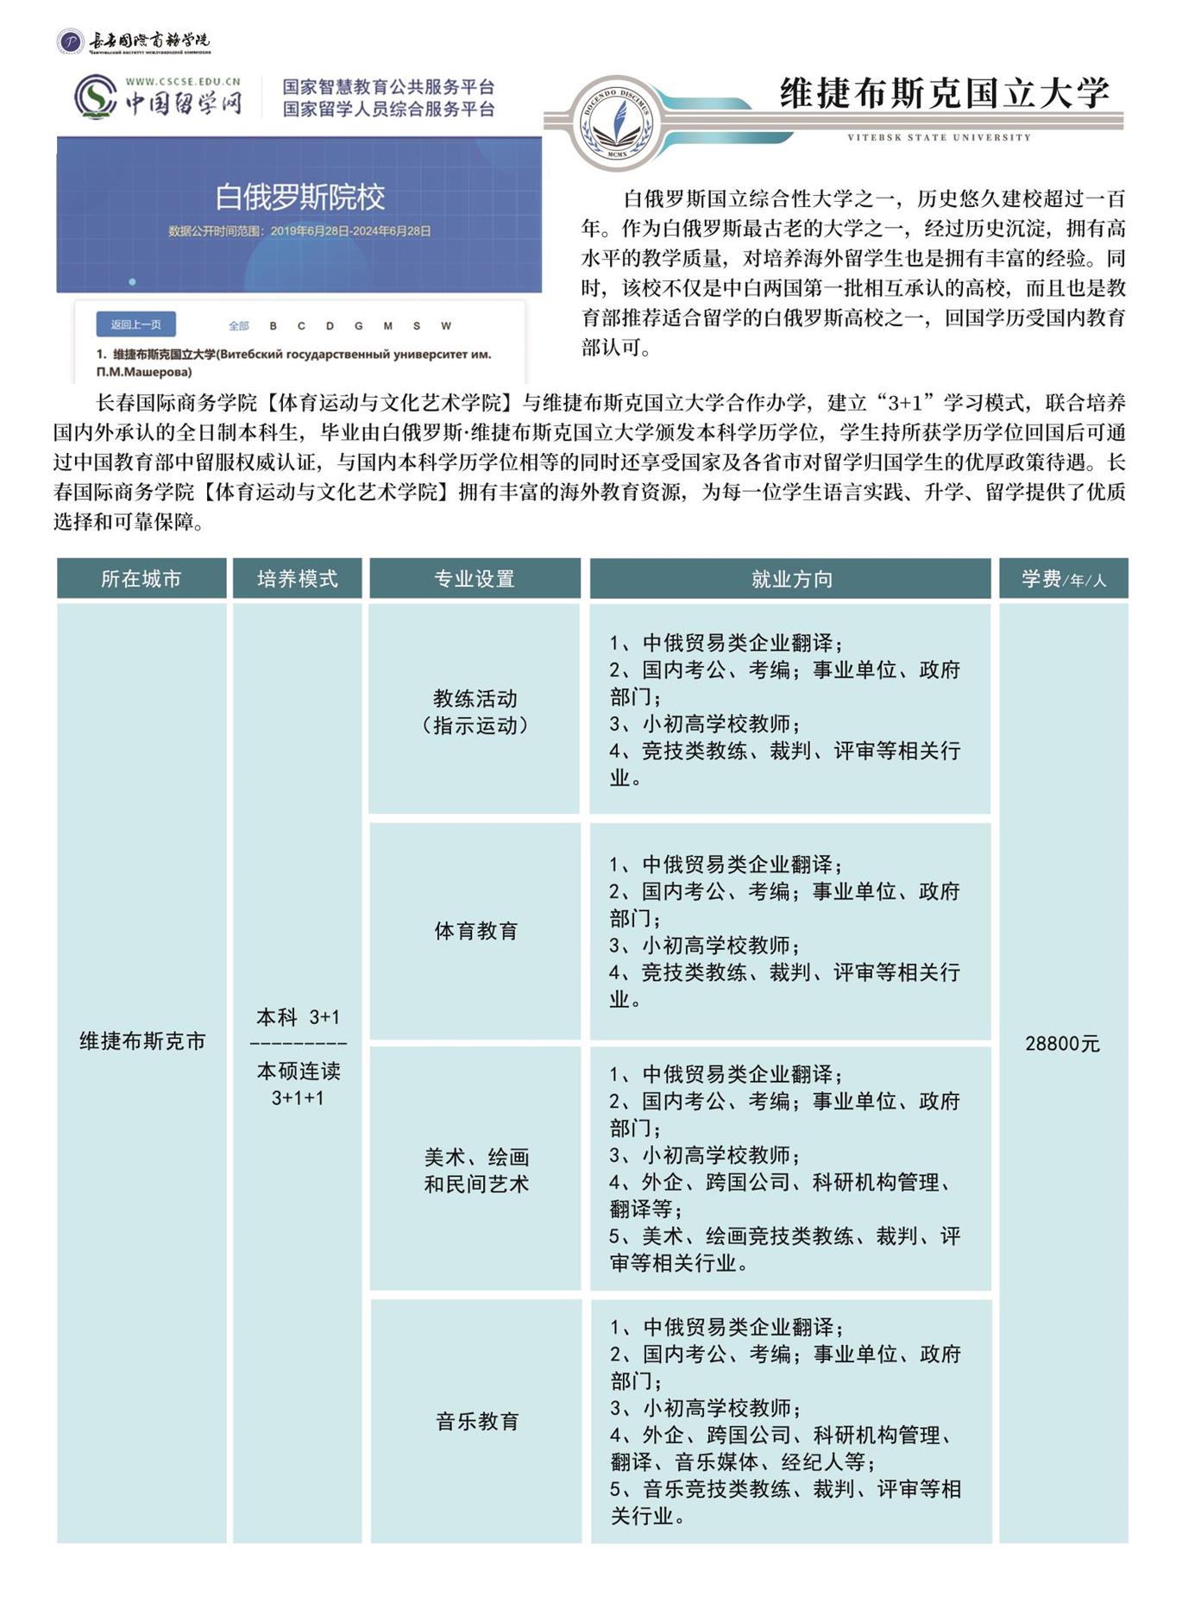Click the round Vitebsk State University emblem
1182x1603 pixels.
pos(618,122)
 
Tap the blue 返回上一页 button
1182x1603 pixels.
pos(135,324)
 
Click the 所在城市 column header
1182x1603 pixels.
pos(141,578)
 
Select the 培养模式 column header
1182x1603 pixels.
pos(298,578)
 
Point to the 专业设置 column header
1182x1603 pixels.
pos(475,578)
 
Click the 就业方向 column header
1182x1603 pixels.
pos(791,578)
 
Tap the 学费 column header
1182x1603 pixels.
pos(1063,579)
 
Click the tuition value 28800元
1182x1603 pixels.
pos(1063,1043)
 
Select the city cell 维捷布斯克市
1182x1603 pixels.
pos(142,1041)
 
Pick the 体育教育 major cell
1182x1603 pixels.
pos(476,931)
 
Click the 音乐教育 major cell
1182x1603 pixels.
pos(477,1421)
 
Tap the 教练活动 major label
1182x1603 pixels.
pos(475,698)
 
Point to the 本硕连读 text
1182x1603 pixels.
pos(299,1072)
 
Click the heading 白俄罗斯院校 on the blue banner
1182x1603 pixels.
pos(299,198)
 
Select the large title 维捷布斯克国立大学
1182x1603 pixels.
pos(944,93)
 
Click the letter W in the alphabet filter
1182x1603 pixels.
pos(446,326)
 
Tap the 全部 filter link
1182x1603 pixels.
pos(238,326)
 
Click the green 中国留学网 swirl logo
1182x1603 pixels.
pos(95,97)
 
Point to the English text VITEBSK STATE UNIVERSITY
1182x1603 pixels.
pos(939,137)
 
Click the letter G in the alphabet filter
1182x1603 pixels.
pos(358,326)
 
